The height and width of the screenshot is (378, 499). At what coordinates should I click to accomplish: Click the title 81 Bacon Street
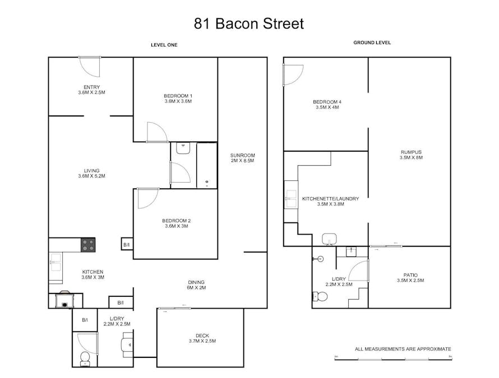pos(249,24)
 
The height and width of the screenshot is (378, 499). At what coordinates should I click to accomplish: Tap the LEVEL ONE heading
pos(164,45)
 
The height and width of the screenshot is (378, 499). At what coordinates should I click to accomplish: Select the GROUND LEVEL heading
pos(372,43)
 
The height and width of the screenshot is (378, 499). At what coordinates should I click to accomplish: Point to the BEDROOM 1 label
pos(178,96)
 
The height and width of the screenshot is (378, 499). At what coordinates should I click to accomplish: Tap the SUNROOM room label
pos(242,155)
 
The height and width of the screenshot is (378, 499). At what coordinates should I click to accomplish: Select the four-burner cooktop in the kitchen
pos(88,245)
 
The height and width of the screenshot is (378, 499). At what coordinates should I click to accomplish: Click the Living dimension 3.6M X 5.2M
pos(91,176)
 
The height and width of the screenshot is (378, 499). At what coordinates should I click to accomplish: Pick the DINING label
pos(196,282)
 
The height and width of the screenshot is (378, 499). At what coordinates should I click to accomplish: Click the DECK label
pos(202,335)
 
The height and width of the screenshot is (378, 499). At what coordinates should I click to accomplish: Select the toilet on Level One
pos(85,358)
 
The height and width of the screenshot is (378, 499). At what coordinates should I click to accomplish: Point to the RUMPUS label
pos(410,152)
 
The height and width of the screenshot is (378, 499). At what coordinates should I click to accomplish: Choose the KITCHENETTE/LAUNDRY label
pos(330,198)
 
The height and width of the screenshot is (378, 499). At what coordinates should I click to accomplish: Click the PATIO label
pos(410,274)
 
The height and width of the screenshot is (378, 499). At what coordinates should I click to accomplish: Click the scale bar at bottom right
pos(392,358)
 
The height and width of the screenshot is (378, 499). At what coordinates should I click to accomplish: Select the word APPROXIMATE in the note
pos(433,349)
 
